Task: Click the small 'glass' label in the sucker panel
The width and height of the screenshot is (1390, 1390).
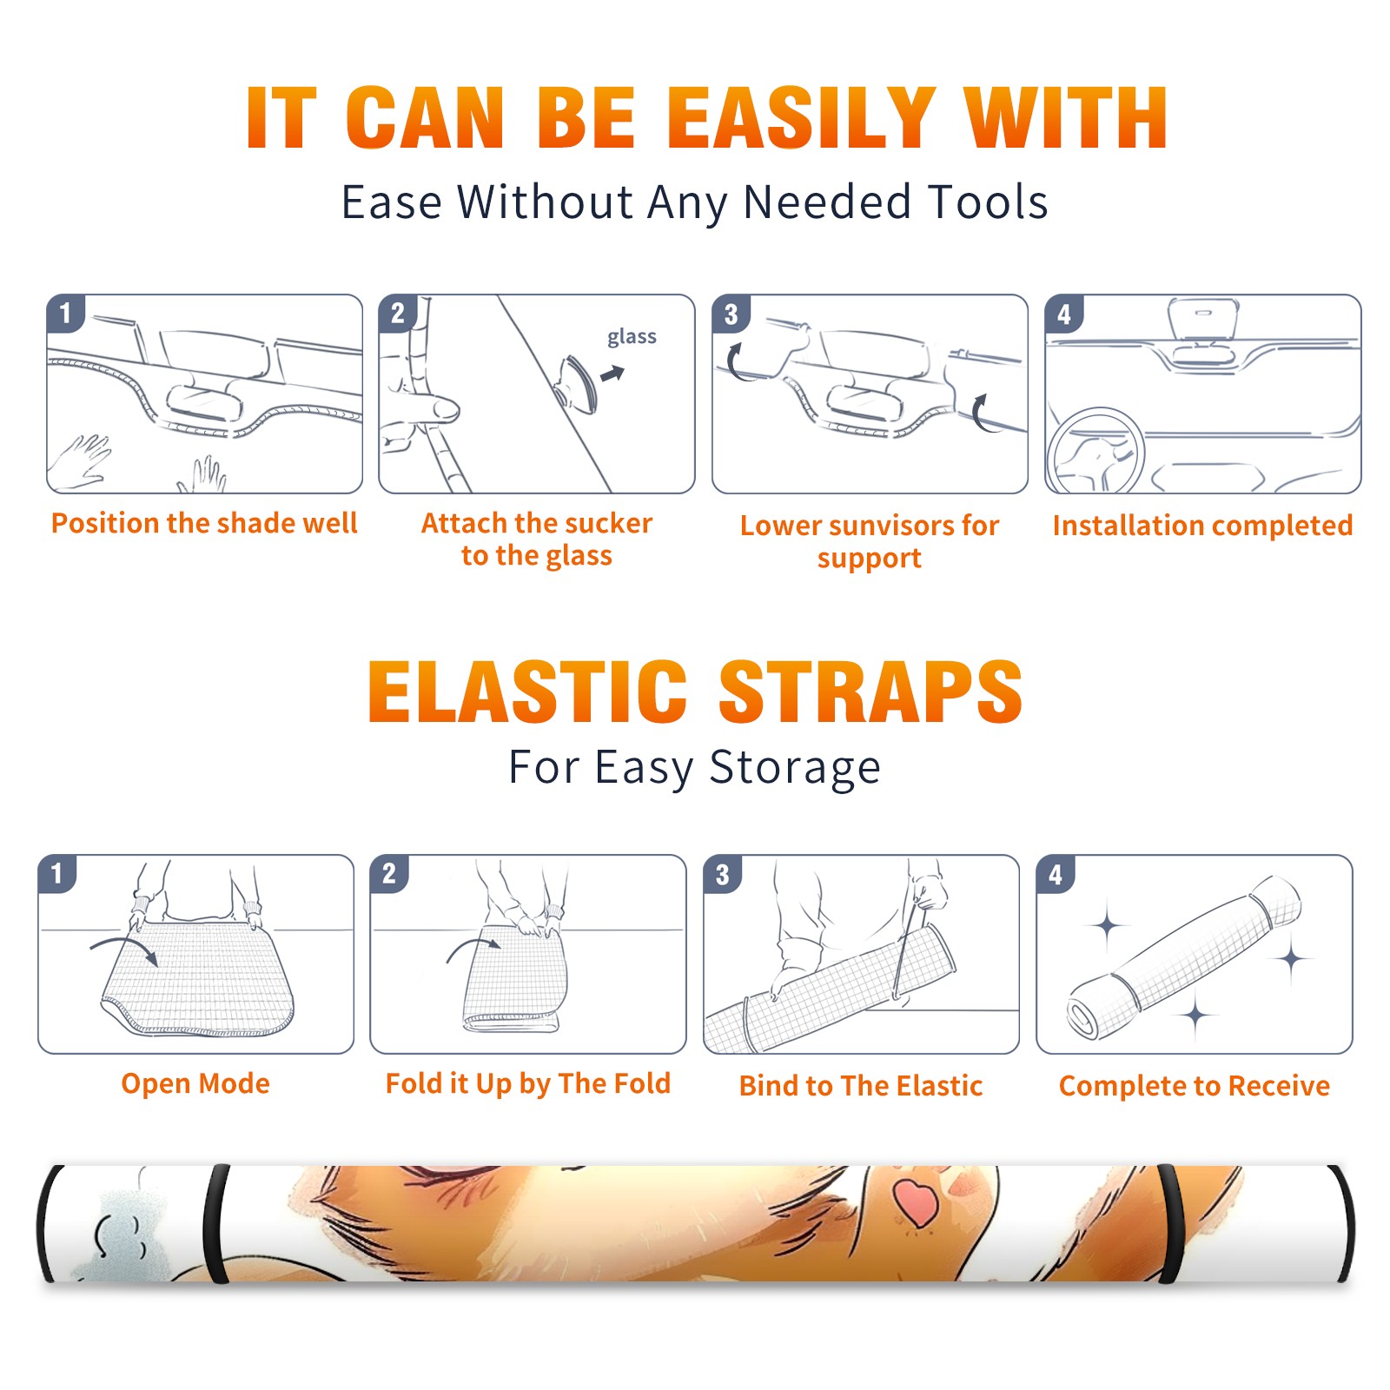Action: pyautogui.click(x=632, y=337)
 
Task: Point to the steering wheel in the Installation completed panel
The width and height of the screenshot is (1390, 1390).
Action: pyautogui.click(x=1095, y=451)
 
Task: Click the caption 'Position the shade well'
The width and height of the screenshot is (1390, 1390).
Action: pyautogui.click(x=204, y=523)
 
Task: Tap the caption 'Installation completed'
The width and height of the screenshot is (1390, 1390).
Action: pyautogui.click(x=1202, y=526)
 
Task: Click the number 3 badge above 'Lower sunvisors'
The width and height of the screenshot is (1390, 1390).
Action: pyautogui.click(x=731, y=314)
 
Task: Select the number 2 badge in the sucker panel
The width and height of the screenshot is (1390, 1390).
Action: pyautogui.click(x=398, y=313)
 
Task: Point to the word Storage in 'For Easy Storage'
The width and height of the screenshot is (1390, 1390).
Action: pyautogui.click(x=795, y=768)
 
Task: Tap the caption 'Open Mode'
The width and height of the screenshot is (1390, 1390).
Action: pyautogui.click(x=195, y=1083)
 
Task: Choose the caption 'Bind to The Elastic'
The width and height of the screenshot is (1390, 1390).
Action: pyautogui.click(x=861, y=1086)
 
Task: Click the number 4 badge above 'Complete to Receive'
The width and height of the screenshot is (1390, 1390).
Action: pyautogui.click(x=1056, y=874)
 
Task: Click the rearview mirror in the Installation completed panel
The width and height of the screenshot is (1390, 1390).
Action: pyautogui.click(x=1202, y=319)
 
